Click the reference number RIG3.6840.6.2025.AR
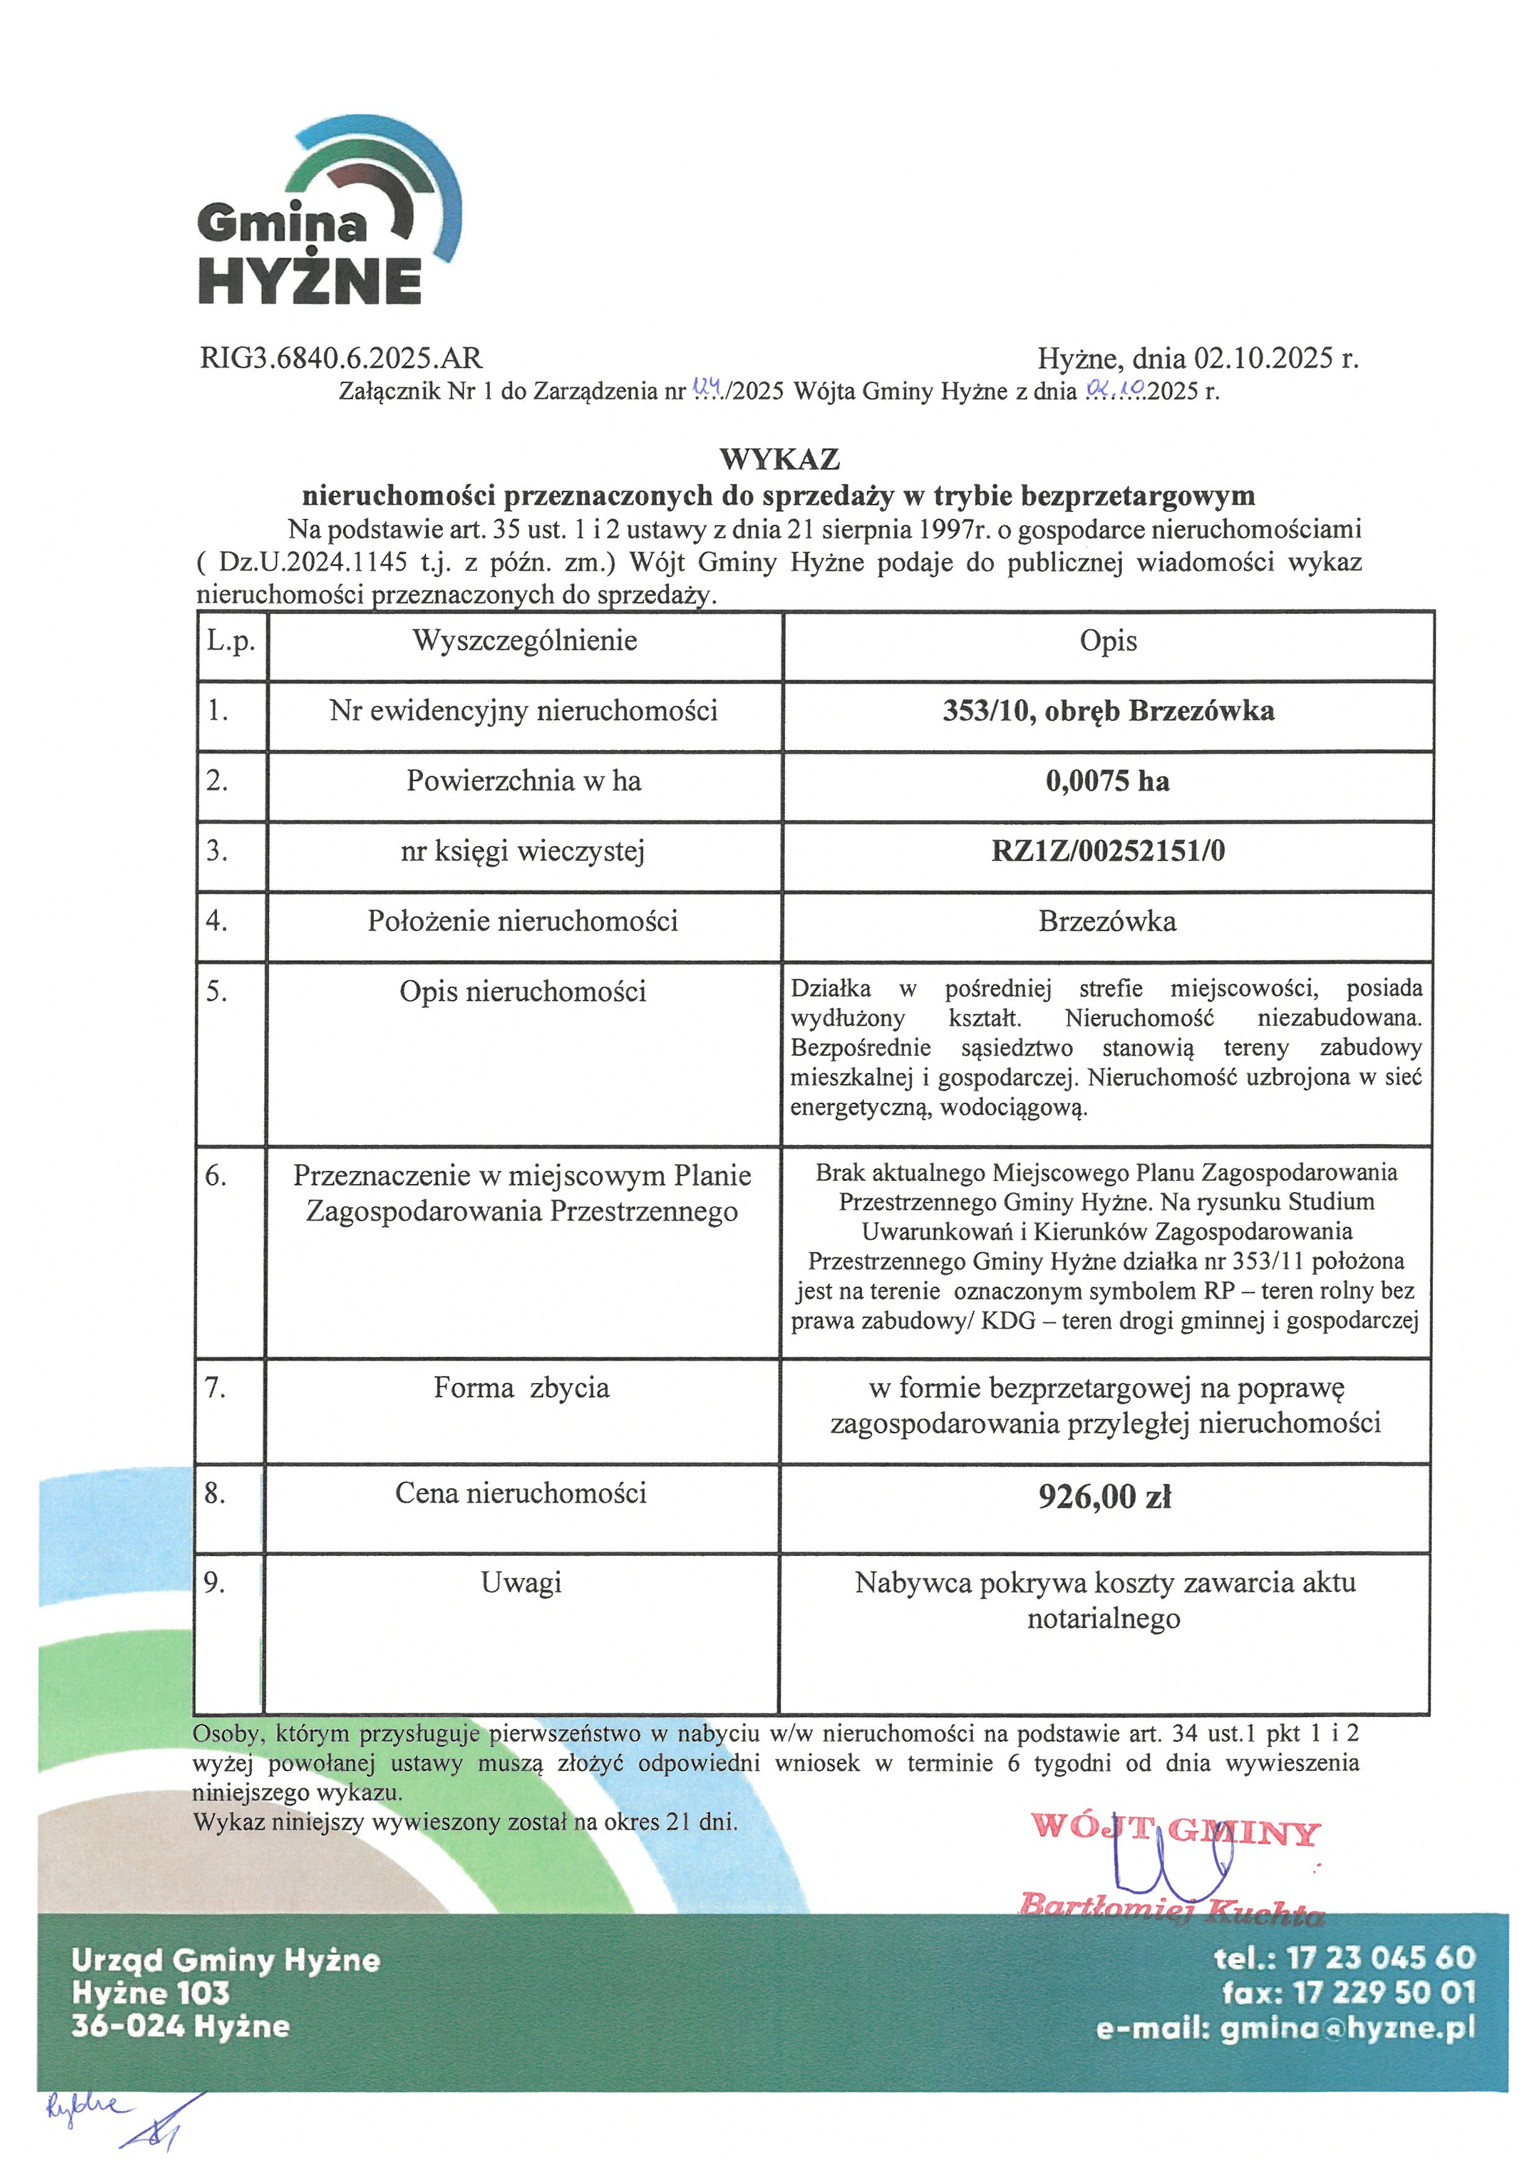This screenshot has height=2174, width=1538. pos(341,358)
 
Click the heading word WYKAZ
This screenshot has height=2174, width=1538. pos(780,459)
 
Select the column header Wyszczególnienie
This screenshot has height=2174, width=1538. pos(525,641)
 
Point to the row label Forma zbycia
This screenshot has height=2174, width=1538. pos(521,1388)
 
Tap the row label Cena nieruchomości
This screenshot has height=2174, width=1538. pos(521,1493)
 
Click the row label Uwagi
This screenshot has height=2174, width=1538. pos(521,1582)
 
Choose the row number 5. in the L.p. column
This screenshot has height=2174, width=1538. pos(217,991)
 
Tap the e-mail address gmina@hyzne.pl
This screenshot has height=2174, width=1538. pos(1348,2028)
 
